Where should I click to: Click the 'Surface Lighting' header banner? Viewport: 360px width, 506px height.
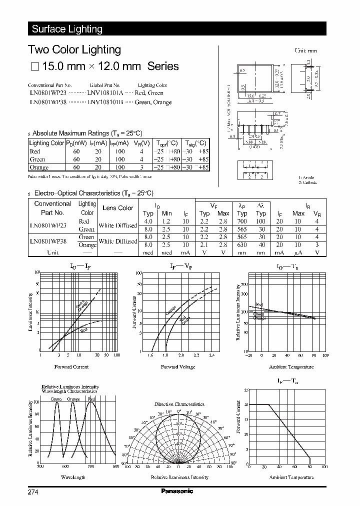[67, 29]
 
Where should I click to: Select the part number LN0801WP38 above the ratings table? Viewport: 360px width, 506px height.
[47, 102]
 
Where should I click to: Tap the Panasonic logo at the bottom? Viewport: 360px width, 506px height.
[177, 491]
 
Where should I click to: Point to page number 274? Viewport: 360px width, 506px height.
[33, 492]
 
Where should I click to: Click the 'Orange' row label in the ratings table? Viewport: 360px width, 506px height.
[38, 167]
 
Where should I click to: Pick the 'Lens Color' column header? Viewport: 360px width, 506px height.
[117, 208]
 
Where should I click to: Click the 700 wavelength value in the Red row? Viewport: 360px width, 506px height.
[242, 221]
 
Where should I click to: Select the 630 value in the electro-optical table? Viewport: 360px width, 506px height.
[242, 245]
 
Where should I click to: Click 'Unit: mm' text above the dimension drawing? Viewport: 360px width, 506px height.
[305, 51]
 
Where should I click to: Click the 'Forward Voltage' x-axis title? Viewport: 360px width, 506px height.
[178, 367]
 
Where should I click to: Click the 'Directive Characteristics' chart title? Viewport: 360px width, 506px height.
[179, 404]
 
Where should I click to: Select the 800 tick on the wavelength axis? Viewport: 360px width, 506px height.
[116, 466]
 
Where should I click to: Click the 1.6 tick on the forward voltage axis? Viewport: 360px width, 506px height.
[150, 355]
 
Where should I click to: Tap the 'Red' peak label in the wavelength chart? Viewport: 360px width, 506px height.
[91, 399]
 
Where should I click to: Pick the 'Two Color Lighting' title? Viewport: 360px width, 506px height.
[74, 49]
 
